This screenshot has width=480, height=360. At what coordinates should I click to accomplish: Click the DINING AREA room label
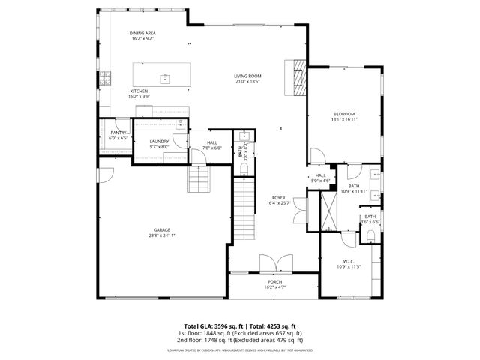[x=142, y=33]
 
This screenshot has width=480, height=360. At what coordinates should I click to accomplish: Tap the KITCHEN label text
[x=139, y=91]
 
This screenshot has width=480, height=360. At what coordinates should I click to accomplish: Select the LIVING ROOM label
[x=247, y=76]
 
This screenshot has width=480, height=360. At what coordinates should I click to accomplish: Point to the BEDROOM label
[x=344, y=113]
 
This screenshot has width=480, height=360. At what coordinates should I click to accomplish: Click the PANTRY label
[x=118, y=133]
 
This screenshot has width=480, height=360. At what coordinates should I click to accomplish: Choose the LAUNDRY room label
[x=158, y=141]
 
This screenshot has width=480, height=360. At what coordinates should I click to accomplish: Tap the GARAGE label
[x=162, y=230]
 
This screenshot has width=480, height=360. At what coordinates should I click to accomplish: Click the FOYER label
[x=278, y=198]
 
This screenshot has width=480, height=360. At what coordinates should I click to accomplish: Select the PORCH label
[x=274, y=282]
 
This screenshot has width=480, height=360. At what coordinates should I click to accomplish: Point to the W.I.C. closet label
[x=349, y=261]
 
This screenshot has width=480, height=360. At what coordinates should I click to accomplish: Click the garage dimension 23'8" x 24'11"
[x=162, y=236]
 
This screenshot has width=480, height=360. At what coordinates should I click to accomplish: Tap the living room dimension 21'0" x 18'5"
[x=247, y=82]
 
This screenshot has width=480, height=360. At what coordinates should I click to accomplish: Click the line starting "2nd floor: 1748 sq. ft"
[x=240, y=338]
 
